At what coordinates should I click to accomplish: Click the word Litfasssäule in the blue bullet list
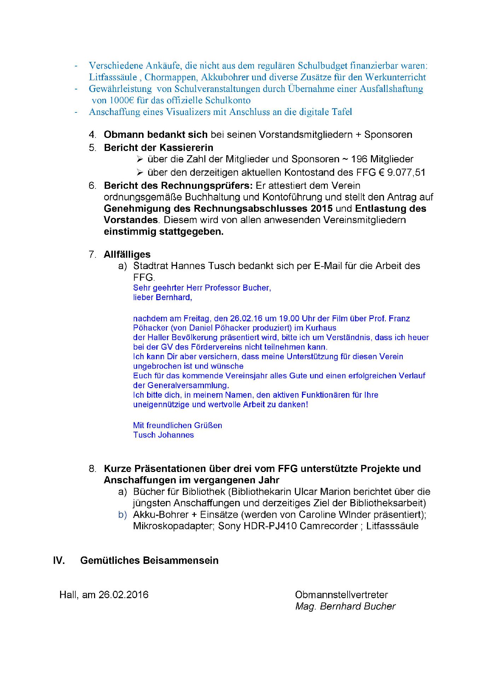(x=113, y=77)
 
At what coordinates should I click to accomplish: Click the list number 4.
(x=92, y=135)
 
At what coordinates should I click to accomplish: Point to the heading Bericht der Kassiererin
(x=158, y=147)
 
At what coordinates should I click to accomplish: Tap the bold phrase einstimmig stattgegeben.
(x=163, y=232)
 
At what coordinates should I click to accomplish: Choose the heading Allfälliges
(x=127, y=255)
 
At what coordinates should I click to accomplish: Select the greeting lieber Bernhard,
(x=163, y=298)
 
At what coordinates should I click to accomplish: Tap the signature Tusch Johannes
(x=163, y=435)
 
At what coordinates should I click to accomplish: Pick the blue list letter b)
(x=122, y=515)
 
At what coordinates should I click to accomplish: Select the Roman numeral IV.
(x=59, y=561)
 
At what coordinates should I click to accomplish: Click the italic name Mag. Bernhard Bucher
(x=345, y=606)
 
